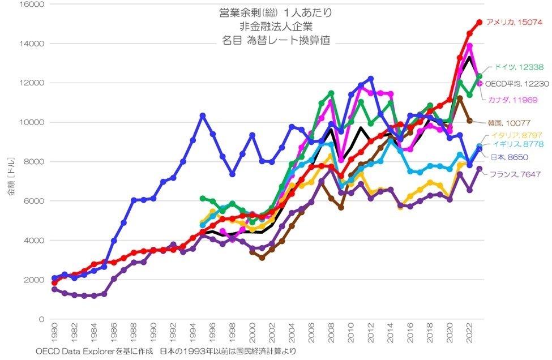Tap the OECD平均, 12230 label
pyautogui.click(x=515, y=84)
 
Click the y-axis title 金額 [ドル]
pyautogui.click(x=12, y=181)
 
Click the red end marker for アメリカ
pyautogui.click(x=479, y=22)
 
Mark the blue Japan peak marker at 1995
pyautogui.click(x=202, y=115)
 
